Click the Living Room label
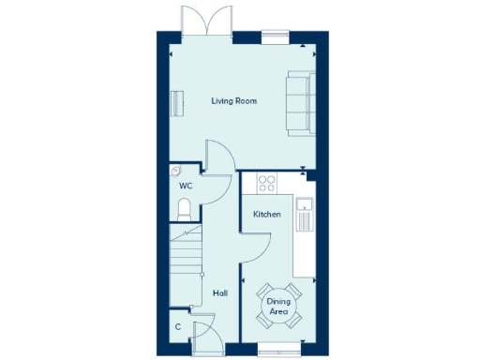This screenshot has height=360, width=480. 234,100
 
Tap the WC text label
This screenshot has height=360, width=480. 186,186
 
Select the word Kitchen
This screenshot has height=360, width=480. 267,215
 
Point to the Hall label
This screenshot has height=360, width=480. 220,293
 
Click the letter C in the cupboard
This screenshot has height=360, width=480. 178,327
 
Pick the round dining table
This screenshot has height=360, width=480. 278,306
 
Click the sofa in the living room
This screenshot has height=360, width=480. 299,101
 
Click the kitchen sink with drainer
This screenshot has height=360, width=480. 303,215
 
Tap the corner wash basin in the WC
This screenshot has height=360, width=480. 176,172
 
